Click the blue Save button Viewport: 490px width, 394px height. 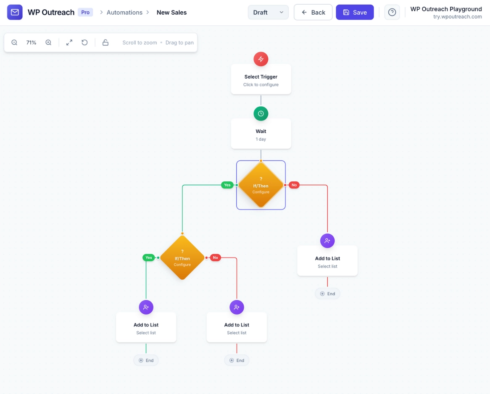tap(355, 12)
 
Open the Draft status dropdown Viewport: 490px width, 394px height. tap(268, 12)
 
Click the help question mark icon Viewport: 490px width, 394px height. tap(392, 12)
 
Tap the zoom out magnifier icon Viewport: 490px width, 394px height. tap(14, 42)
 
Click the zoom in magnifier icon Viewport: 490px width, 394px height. tap(48, 42)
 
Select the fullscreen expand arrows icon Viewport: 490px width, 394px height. tap(69, 42)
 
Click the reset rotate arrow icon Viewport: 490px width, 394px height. tap(84, 42)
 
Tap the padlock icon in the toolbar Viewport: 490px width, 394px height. tap(105, 42)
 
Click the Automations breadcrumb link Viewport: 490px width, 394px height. tap(124, 13)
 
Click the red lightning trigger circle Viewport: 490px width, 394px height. tap(261, 59)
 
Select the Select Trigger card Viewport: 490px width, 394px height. tap(261, 80)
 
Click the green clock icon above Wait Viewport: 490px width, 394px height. tap(261, 113)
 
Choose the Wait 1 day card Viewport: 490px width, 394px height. tap(261, 134)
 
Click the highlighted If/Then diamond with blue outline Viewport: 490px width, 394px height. tap(261, 185)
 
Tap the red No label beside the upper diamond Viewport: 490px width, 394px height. tap(294, 185)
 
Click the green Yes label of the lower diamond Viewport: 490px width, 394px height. tap(149, 257)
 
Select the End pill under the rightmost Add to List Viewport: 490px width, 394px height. tap(327, 294)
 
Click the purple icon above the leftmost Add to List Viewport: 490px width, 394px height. tap(146, 307)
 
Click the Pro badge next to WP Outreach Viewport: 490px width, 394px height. tap(85, 12)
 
